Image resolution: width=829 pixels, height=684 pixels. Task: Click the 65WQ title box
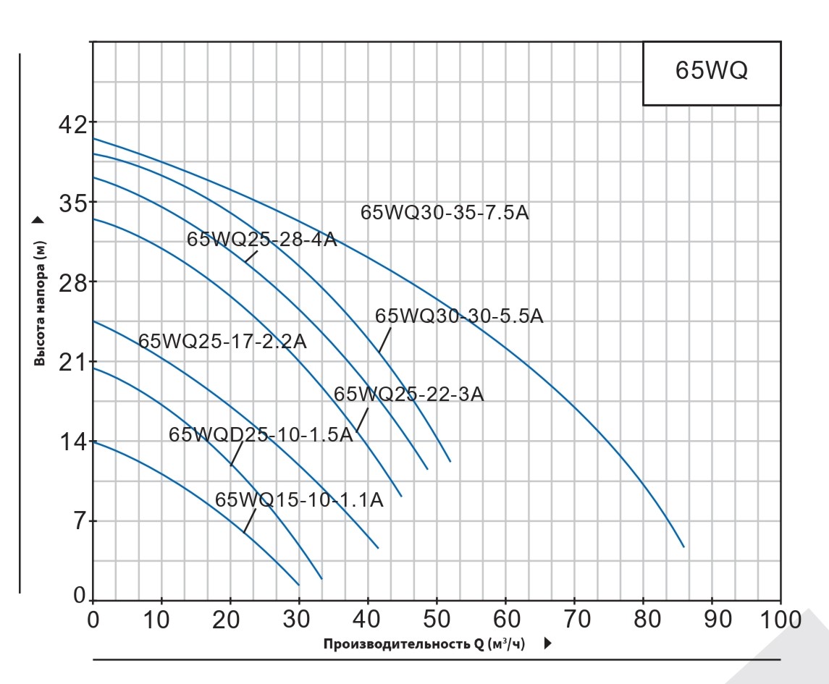[x=712, y=73]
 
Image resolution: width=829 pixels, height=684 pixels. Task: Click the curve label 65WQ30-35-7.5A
[x=445, y=213]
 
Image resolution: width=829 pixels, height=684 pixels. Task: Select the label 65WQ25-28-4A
[x=262, y=240]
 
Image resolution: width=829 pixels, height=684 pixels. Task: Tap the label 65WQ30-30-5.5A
[x=459, y=316]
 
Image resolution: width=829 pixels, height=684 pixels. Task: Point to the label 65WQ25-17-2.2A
[x=222, y=342]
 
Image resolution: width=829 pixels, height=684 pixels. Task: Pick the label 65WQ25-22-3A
[x=408, y=394]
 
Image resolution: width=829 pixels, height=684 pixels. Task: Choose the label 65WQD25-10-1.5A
[x=261, y=434]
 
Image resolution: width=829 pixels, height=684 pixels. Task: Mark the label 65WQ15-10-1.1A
[x=299, y=500]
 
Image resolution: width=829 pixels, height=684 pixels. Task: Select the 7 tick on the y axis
[x=78, y=521]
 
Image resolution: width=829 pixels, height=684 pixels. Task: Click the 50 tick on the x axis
[x=437, y=620]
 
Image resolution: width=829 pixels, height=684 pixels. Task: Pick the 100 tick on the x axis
[x=780, y=620]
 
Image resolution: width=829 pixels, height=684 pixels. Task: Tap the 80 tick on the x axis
[x=643, y=620]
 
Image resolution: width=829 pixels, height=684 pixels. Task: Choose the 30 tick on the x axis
[x=299, y=620]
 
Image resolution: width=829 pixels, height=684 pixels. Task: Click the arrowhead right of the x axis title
[x=547, y=643]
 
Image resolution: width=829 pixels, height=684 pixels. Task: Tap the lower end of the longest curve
[x=683, y=546]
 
